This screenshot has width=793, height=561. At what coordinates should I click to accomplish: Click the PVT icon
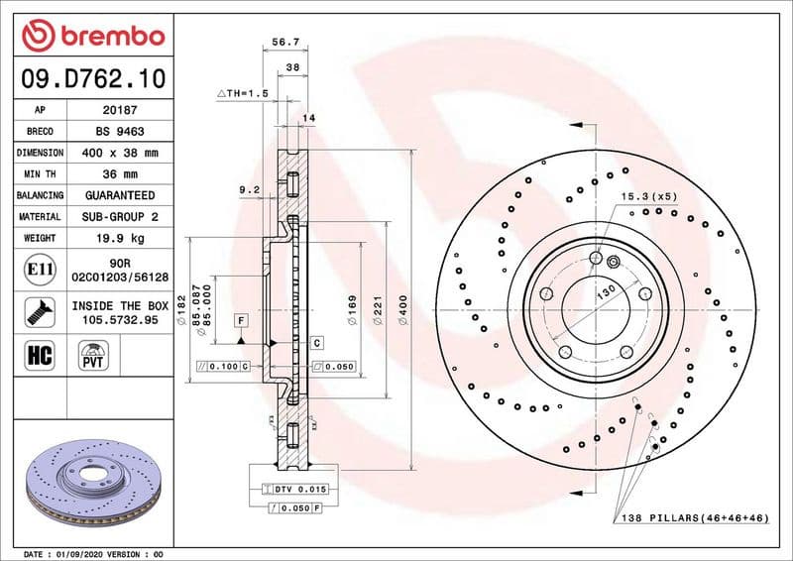tap(94, 354)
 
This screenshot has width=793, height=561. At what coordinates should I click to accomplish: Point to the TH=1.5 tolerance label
tap(243, 92)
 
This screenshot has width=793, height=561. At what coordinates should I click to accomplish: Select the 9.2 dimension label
tap(249, 188)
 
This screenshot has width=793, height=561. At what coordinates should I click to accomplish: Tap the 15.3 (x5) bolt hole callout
tap(649, 196)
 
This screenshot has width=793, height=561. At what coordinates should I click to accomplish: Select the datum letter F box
tap(240, 319)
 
